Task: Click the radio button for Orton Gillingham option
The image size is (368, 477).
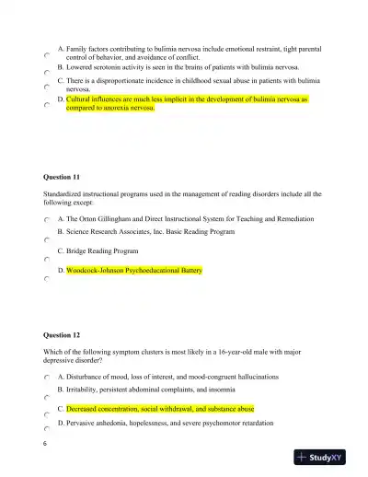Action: [46, 221]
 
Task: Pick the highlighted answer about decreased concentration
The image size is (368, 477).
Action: [160, 407]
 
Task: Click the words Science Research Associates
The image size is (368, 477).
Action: [114, 233]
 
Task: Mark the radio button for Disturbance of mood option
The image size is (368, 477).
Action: [46, 378]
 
